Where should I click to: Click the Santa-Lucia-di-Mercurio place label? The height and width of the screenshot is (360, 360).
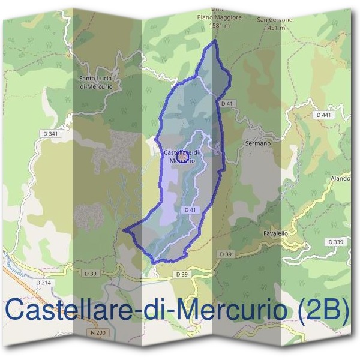tap(100, 82)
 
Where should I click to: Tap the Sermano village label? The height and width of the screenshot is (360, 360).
tap(259, 143)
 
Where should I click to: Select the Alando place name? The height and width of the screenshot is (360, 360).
tap(340, 179)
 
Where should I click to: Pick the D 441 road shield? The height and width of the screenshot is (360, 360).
tap(322, 115)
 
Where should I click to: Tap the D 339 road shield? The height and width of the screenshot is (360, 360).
tap(336, 242)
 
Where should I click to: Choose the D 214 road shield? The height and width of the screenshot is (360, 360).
tap(44, 282)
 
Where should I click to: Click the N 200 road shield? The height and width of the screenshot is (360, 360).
tap(98, 332)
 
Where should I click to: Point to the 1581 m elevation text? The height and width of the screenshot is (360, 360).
tap(220, 26)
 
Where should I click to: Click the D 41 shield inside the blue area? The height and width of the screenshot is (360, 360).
tap(190, 210)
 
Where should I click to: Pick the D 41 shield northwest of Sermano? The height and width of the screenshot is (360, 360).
tap(226, 103)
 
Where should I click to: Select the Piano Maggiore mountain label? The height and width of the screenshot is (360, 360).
tap(220, 18)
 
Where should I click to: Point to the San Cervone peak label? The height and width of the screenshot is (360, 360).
tap(275, 19)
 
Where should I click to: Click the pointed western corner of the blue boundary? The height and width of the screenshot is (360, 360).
tap(124, 229)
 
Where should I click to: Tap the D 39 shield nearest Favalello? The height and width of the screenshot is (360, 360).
tap(226, 254)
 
